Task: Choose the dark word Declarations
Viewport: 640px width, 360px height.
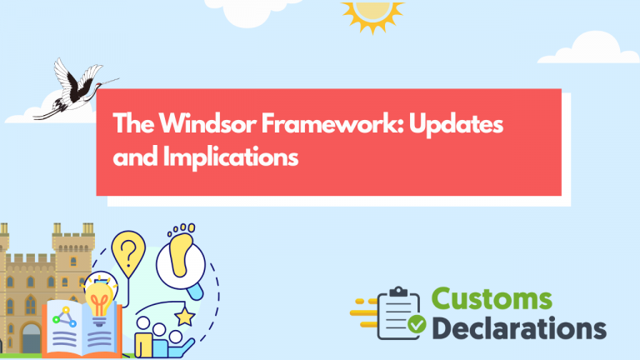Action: (x=518, y=327)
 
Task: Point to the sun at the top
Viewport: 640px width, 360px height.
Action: (x=372, y=12)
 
